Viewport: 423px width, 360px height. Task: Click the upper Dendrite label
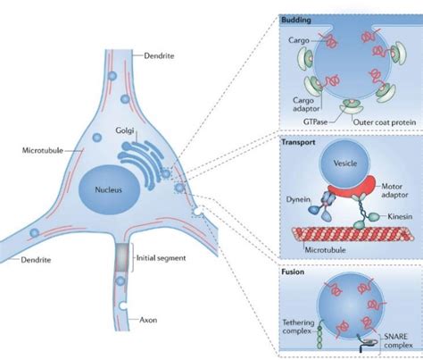[158, 56]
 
